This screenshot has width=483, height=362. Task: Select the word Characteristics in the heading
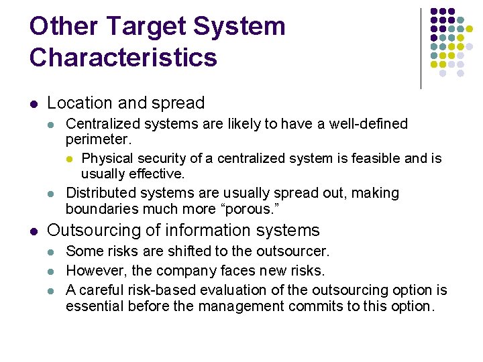(123, 58)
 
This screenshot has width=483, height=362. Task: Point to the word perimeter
(98, 140)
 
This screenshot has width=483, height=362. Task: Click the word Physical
(107, 158)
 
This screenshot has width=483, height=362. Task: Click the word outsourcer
(298, 251)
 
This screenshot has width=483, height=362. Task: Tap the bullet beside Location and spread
(34, 104)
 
